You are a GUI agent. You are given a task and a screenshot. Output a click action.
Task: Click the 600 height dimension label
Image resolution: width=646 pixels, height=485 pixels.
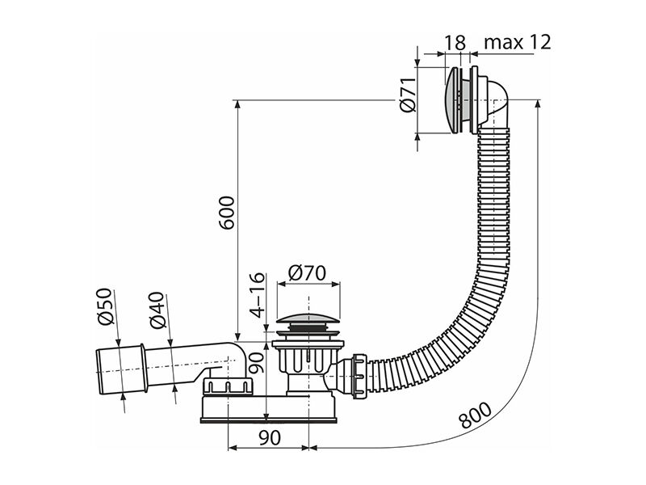click(227, 213)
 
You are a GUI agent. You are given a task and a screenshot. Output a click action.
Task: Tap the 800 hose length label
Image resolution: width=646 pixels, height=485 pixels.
click(475, 415)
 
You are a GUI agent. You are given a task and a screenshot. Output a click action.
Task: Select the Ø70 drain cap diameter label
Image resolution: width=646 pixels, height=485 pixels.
click(307, 272)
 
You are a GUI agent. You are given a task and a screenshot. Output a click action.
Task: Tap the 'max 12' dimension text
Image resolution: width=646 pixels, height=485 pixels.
click(517, 43)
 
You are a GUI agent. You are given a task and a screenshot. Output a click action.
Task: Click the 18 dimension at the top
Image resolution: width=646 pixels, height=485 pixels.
click(455, 43)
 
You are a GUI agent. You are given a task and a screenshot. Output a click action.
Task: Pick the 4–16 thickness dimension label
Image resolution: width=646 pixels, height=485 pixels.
click(258, 294)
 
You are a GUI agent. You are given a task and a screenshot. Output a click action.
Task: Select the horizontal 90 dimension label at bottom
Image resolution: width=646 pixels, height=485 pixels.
click(271, 437)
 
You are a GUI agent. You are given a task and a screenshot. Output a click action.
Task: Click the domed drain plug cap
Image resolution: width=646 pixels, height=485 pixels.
click(308, 319)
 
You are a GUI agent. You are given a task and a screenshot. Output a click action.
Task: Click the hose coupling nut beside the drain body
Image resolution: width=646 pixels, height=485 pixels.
click(359, 375)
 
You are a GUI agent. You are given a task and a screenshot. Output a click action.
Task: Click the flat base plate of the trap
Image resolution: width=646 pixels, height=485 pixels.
click(269, 420)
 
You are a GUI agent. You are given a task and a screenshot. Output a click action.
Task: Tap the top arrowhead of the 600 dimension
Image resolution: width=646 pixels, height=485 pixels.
click(237, 105)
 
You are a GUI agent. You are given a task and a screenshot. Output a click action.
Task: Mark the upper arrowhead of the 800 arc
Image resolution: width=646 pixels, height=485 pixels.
click(538, 105)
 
